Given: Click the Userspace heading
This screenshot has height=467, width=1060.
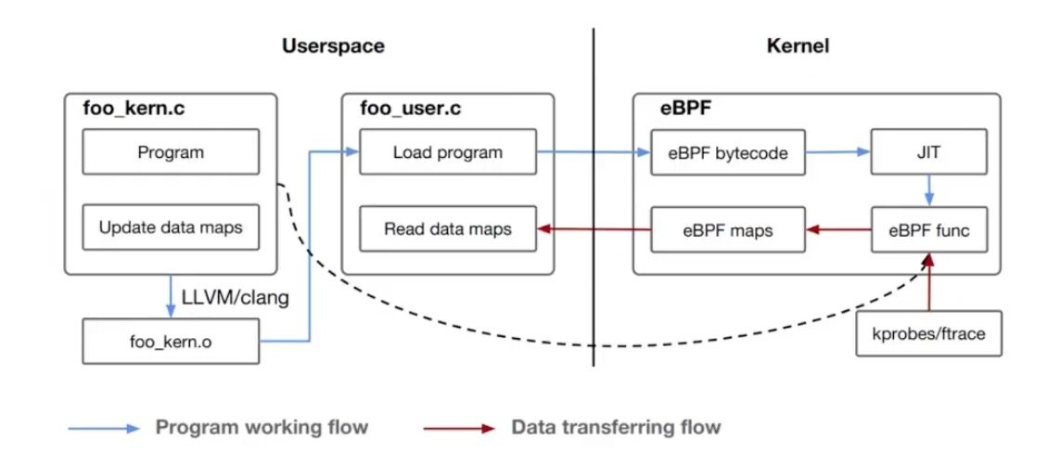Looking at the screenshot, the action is [x=333, y=46].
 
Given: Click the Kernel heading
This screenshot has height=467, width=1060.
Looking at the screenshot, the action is [x=798, y=46].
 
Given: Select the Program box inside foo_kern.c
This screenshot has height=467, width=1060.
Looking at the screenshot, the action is [x=171, y=151].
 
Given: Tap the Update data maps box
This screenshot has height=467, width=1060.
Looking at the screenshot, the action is [x=171, y=227].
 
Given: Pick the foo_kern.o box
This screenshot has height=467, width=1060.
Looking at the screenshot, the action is [x=171, y=341].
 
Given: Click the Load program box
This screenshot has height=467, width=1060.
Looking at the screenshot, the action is [x=448, y=151].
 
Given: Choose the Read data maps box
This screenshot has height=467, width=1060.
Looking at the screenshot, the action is [x=448, y=228].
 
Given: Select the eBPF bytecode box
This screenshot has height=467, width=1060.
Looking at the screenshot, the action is [x=728, y=152].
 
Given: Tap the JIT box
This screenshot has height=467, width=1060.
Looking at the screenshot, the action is [x=929, y=152].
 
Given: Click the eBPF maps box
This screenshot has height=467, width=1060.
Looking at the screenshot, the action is [x=728, y=229].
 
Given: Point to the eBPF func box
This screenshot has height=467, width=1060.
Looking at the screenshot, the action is [x=929, y=229].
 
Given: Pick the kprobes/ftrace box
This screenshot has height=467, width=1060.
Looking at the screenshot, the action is [x=929, y=333].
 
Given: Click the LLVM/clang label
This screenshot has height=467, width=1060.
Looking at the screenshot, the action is [x=236, y=298].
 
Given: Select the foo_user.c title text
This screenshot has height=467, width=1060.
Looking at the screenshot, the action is [x=411, y=109].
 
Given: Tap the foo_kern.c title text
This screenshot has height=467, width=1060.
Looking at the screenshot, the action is [x=134, y=109].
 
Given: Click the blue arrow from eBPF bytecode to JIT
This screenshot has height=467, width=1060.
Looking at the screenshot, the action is [x=838, y=152].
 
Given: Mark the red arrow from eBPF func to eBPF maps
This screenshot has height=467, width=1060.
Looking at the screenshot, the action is [x=838, y=229].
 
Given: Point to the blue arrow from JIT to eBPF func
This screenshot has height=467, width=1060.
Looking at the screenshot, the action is [x=929, y=191].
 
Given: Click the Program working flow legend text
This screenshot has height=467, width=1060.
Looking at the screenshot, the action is [x=262, y=427].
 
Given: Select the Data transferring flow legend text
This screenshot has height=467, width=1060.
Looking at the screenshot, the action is [x=616, y=427].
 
